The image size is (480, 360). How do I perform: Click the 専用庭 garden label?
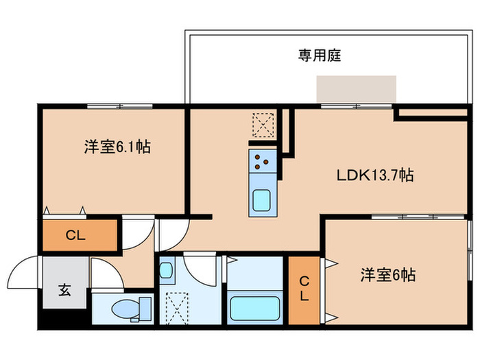pyautogui.click(x=320, y=56)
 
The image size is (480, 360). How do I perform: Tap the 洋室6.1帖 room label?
pyautogui.click(x=117, y=147)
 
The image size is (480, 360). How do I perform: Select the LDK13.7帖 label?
pyautogui.click(x=375, y=175)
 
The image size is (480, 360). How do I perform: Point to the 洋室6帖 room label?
pyautogui.click(x=388, y=274)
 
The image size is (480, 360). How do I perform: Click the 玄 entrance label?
pyautogui.click(x=64, y=289)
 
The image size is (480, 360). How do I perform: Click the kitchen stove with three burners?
pyautogui.click(x=263, y=160)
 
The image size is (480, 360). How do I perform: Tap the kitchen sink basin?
pyautogui.click(x=262, y=200)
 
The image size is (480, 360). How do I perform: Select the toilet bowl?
pyautogui.click(x=125, y=309)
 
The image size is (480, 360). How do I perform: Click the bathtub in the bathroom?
pyautogui.click(x=254, y=309)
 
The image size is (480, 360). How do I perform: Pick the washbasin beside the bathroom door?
pyautogui.click(x=166, y=270)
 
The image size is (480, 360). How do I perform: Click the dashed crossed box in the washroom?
pyautogui.click(x=177, y=309)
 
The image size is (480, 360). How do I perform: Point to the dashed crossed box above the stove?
pyautogui.click(x=263, y=125)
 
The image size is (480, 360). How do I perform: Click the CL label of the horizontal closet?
pyautogui.click(x=75, y=235)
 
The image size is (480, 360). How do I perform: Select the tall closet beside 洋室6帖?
pyautogui.click(x=304, y=290)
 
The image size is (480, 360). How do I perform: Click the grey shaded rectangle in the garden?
pyautogui.click(x=357, y=89)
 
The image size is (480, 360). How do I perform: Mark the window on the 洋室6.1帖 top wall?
pyautogui.click(x=120, y=106)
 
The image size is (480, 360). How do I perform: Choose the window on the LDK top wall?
pyautogui.click(x=357, y=106)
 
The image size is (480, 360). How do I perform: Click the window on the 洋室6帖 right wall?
pyautogui.click(x=470, y=250)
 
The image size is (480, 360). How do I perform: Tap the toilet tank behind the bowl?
pyautogui.click(x=145, y=309)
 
